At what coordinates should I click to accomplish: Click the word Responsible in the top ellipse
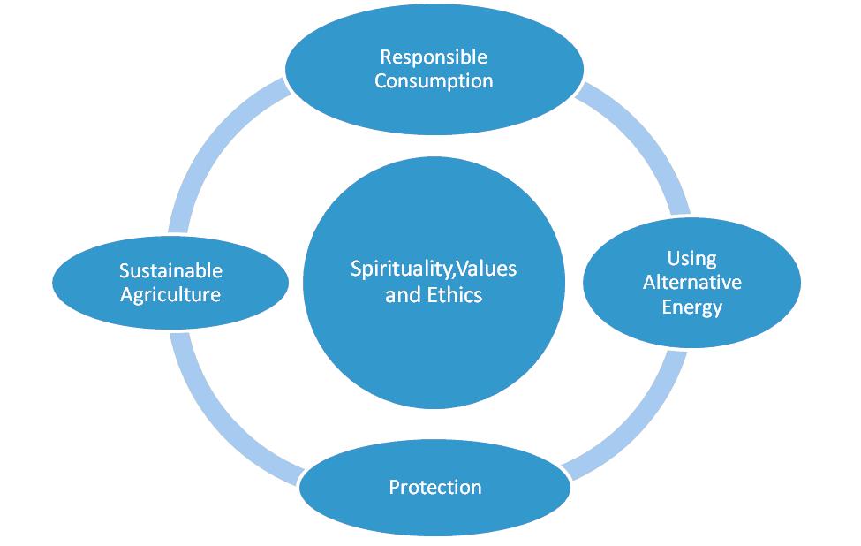(x=434, y=57)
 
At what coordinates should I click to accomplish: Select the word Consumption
(x=434, y=81)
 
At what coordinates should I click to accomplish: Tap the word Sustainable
(x=170, y=270)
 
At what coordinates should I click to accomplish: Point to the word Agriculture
(x=170, y=295)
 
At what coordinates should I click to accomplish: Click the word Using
(x=691, y=259)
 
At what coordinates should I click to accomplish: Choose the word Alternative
(x=691, y=282)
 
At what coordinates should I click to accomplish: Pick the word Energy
(x=691, y=307)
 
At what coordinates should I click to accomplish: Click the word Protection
(x=435, y=487)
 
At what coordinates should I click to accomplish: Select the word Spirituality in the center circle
(x=403, y=269)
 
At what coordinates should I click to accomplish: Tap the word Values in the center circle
(x=487, y=269)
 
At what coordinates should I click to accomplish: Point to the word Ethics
(x=455, y=295)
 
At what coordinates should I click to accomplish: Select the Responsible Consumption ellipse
(x=434, y=69)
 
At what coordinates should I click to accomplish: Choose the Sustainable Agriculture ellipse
(x=170, y=283)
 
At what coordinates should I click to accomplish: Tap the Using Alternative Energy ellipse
(x=691, y=283)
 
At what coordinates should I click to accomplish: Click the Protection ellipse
(x=435, y=487)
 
